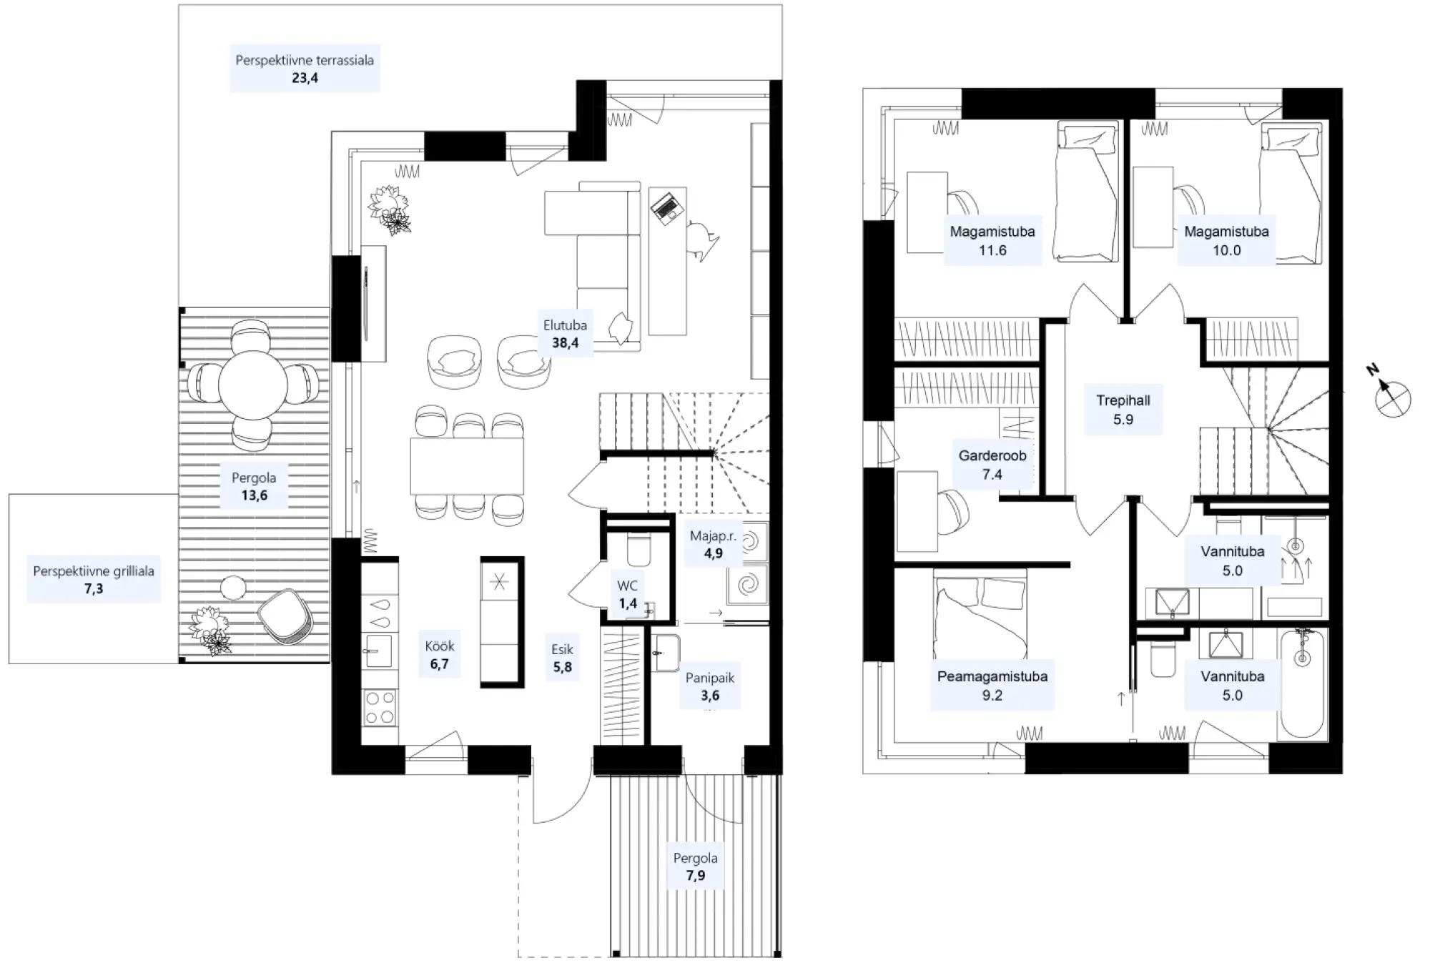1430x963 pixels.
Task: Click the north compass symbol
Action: tap(1391, 398)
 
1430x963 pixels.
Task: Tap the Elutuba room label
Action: tap(565, 334)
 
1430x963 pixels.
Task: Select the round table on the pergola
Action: tap(252, 385)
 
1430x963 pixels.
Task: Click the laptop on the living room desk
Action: tap(667, 208)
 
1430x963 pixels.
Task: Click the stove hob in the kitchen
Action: tap(379, 706)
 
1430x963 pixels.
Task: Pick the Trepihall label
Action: tap(1123, 410)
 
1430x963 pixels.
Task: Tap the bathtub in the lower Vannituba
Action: tap(1303, 683)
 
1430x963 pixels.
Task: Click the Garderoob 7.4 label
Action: tap(992, 465)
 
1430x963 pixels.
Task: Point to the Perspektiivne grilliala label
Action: tap(94, 580)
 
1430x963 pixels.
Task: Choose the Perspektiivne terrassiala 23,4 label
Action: tap(305, 69)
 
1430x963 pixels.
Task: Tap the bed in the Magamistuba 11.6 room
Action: tap(1087, 192)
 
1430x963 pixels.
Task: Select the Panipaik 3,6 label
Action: tap(709, 686)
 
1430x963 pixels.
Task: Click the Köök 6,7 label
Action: tap(439, 655)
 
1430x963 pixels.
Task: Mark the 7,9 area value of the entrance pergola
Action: tap(695, 876)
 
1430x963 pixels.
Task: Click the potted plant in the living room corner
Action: tap(390, 209)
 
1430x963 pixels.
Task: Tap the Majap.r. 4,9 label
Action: tap(713, 544)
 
